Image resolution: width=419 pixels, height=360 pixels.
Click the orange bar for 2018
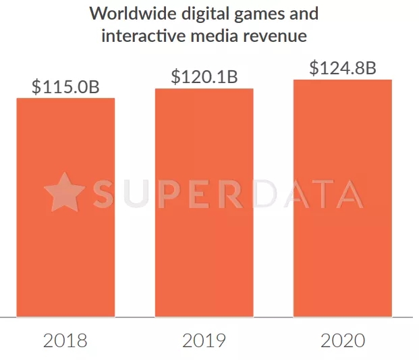pos(65,207)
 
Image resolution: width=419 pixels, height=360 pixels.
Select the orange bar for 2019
pos(204,202)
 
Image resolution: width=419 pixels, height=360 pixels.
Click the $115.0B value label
pos(65,87)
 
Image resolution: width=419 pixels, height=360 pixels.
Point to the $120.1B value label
pos(204,77)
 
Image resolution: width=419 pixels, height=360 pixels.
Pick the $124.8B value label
pos(342,68)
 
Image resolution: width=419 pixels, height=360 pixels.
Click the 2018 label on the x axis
pos(65,340)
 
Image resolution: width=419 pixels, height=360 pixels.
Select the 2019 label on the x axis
pos(204,340)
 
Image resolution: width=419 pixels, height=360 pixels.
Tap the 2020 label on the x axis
pos(342,340)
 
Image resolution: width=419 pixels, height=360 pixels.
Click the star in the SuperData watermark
pos(64,192)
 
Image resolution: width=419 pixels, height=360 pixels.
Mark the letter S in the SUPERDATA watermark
pos(107,193)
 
